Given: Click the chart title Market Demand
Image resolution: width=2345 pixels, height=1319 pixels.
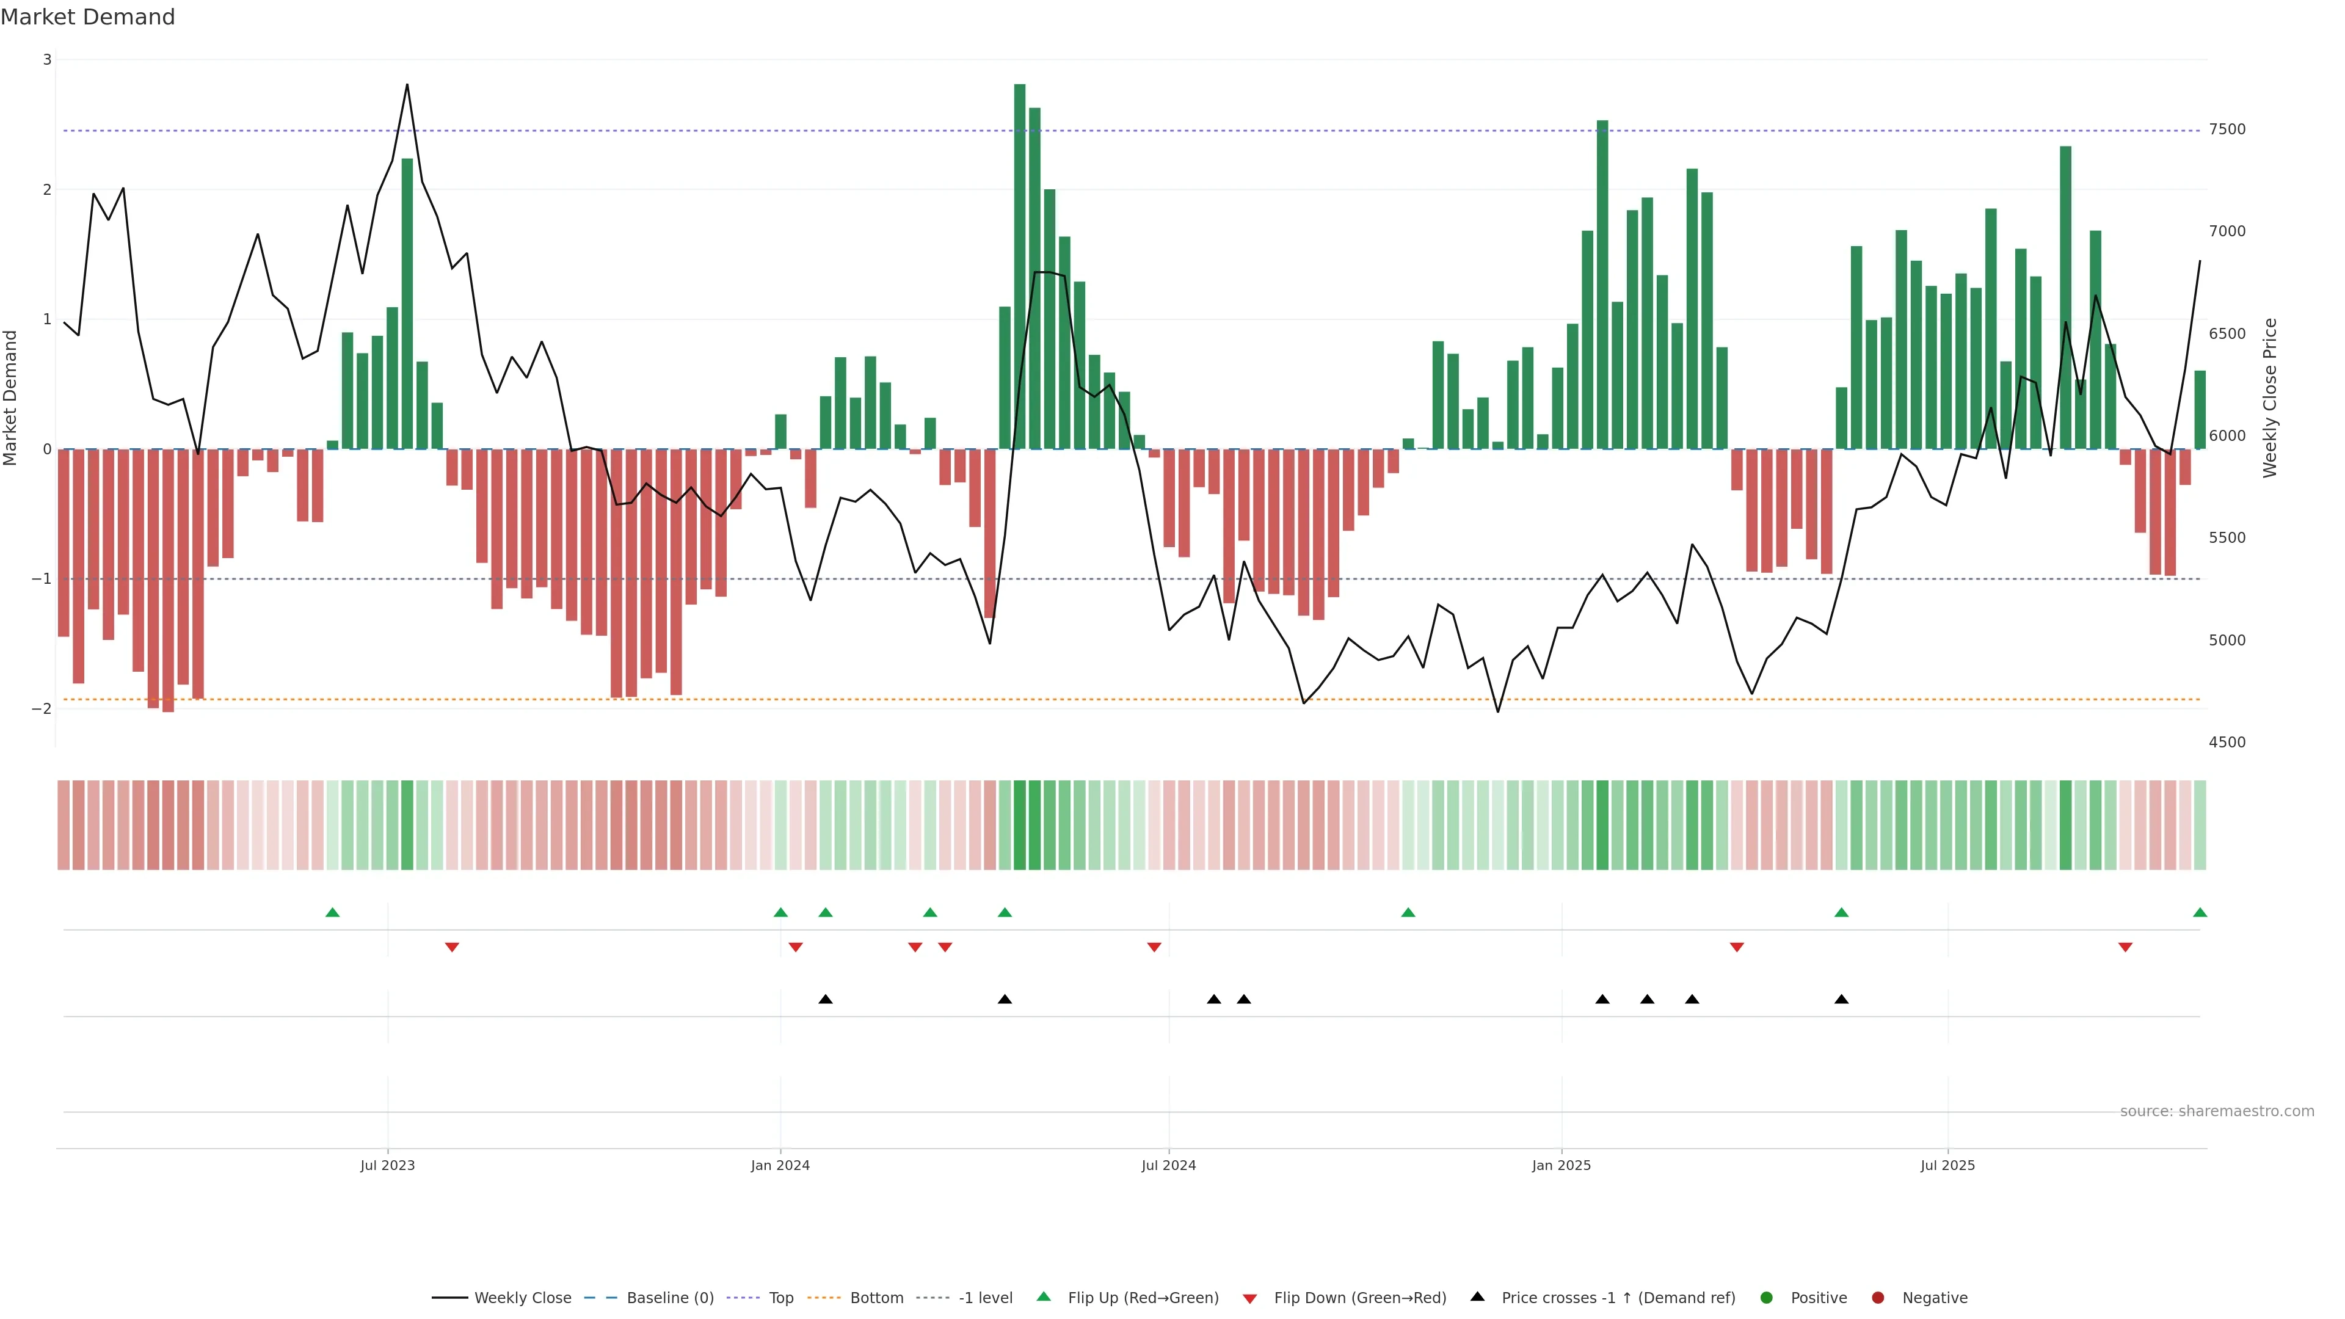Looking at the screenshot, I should pos(87,17).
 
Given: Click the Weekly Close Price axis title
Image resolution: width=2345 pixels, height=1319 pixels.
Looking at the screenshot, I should pos(2269,398).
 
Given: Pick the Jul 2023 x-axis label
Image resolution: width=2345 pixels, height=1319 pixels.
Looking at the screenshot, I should pos(387,1165).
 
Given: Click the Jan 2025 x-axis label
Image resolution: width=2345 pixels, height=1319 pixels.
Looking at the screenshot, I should pos(1562,1165).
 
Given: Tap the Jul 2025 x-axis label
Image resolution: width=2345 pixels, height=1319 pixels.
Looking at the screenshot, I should pos(1947,1165).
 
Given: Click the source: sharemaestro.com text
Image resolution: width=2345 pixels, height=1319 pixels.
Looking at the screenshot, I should pos(2217,1111).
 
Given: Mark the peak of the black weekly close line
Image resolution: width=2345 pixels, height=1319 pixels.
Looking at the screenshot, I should pos(407,85).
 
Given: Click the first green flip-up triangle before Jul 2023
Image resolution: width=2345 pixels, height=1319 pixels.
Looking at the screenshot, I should pos(332,912).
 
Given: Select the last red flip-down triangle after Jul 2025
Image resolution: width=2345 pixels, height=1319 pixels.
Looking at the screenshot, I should pos(2125,948).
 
